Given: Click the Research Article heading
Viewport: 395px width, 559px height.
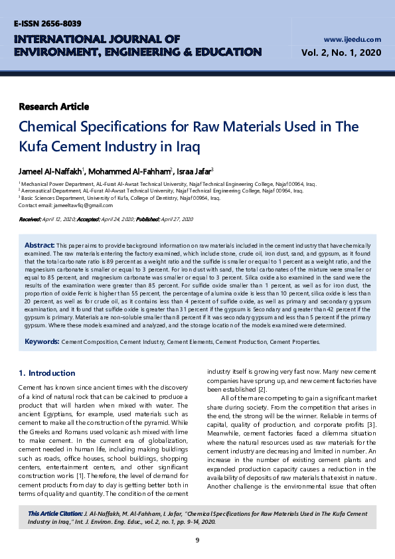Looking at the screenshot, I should point(54,107).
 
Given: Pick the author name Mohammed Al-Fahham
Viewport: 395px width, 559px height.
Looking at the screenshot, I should point(128,171).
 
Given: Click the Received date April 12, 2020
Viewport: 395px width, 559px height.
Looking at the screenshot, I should point(60,219).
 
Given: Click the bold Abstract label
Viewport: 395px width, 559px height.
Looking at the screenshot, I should point(40,245).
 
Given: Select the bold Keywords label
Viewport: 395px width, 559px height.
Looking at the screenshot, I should point(42,342).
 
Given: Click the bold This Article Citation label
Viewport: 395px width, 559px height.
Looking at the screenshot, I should point(55,514).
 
